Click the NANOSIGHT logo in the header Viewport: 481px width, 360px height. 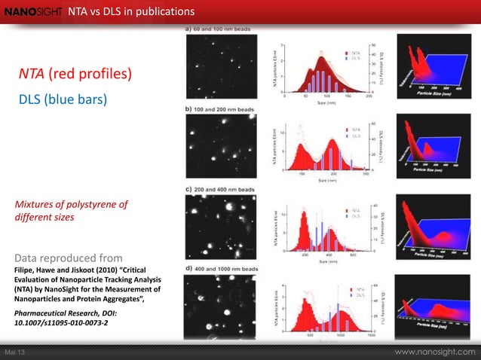(32, 11)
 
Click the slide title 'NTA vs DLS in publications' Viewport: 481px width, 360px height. (131, 11)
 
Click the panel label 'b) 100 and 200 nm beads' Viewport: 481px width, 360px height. (225, 108)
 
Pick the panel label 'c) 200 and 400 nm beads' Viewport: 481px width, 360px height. (225, 187)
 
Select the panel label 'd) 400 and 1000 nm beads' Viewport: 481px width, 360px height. (227, 268)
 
